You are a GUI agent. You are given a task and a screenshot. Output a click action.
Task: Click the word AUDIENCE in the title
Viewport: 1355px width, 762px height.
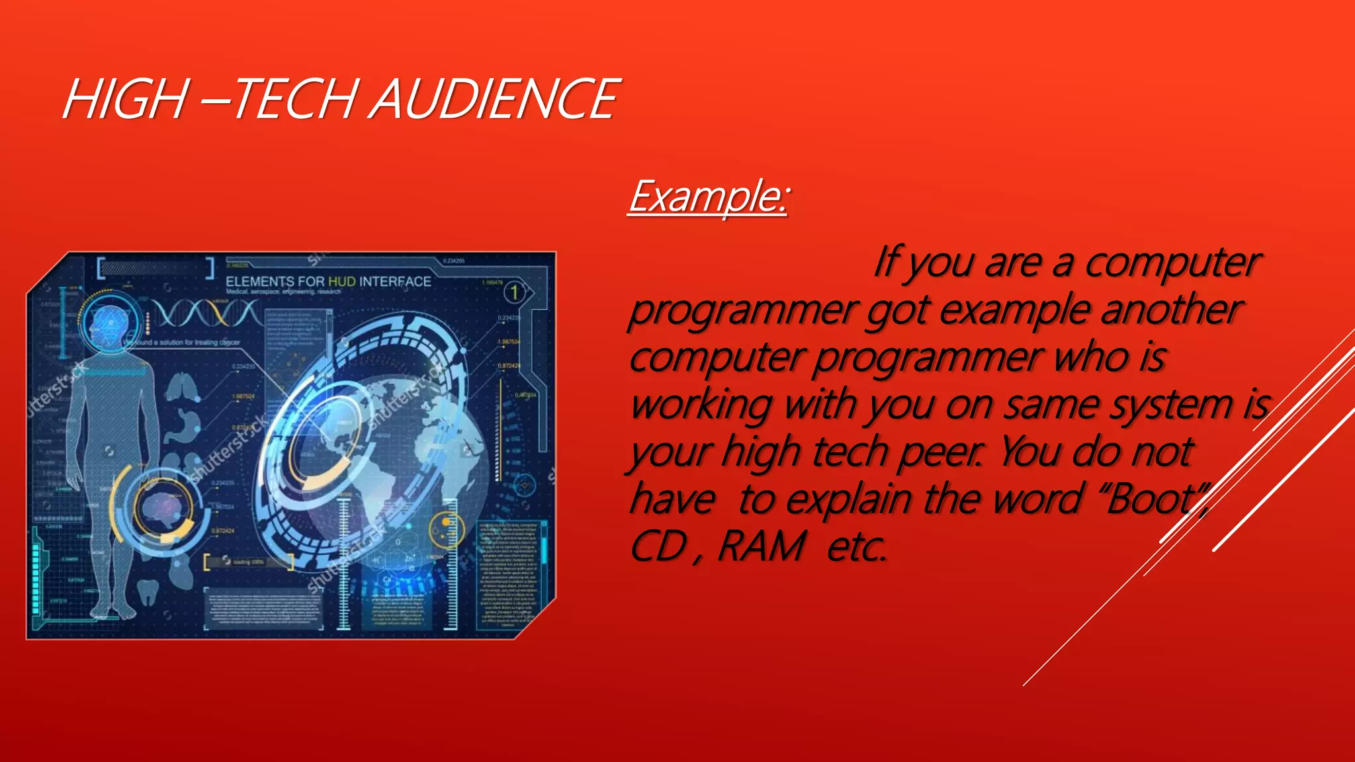click(496, 99)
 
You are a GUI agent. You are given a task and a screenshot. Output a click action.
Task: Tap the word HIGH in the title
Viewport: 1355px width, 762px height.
click(126, 99)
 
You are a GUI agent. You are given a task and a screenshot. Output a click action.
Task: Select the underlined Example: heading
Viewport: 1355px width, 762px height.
click(708, 196)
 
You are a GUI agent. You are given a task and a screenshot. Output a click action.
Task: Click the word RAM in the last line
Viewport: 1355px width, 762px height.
click(761, 547)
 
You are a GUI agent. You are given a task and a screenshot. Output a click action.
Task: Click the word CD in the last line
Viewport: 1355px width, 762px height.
click(658, 547)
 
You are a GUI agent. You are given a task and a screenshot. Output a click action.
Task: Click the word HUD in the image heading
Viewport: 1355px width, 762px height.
click(342, 281)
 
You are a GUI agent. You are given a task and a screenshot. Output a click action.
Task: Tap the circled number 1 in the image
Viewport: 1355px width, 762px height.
click(514, 292)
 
